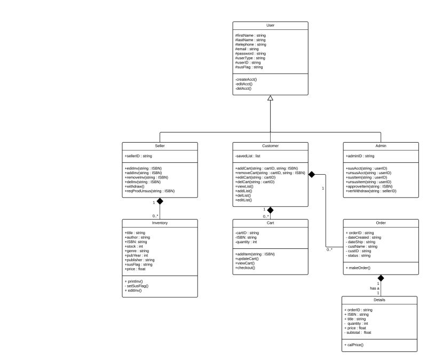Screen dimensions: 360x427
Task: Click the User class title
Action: [x=270, y=25]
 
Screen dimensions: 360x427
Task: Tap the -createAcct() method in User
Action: [x=246, y=80]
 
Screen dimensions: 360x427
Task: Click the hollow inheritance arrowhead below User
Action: [x=271, y=98]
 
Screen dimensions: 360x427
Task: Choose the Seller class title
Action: [x=160, y=145]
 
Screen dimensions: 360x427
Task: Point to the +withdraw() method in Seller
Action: [x=137, y=186]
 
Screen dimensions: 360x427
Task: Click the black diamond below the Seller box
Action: [x=159, y=202]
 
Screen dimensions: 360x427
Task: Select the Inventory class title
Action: [x=160, y=223]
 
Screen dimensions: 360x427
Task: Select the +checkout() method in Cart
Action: [x=246, y=268]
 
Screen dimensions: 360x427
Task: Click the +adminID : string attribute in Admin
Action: [x=360, y=156]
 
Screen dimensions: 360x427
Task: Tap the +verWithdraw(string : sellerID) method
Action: [x=371, y=191]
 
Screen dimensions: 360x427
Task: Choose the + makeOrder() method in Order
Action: [x=360, y=267]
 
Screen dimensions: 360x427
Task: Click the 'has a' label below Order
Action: [x=374, y=288]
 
